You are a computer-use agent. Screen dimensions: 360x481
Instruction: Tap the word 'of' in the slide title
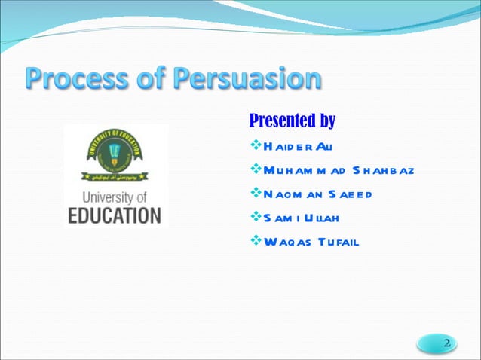(152, 80)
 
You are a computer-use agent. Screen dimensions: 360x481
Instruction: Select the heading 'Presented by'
(292, 121)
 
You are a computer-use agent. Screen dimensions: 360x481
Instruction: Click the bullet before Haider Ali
(255, 145)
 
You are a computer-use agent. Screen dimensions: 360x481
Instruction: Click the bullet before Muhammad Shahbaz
(255, 169)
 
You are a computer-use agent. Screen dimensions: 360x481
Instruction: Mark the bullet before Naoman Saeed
(255, 194)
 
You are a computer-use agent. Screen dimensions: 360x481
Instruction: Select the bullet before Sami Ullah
(255, 218)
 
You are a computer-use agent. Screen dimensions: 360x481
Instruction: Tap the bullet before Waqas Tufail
(255, 242)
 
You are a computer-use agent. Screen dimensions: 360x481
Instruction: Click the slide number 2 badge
(446, 343)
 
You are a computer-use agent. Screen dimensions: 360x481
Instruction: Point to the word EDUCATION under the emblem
(115, 215)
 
